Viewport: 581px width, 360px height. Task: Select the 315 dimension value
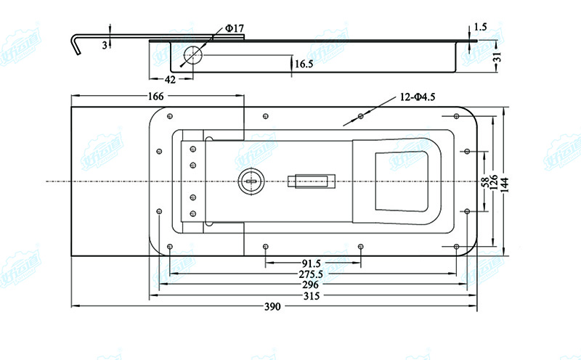tap(312, 296)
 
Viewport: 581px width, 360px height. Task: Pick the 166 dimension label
tap(155, 96)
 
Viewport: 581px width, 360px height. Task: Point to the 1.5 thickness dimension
tap(480, 27)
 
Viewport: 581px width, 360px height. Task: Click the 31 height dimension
tap(497, 57)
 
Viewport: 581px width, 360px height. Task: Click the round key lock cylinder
tap(249, 179)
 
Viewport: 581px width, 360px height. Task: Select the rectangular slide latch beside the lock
tap(309, 180)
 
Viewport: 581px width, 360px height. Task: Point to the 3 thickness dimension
tap(104, 45)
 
